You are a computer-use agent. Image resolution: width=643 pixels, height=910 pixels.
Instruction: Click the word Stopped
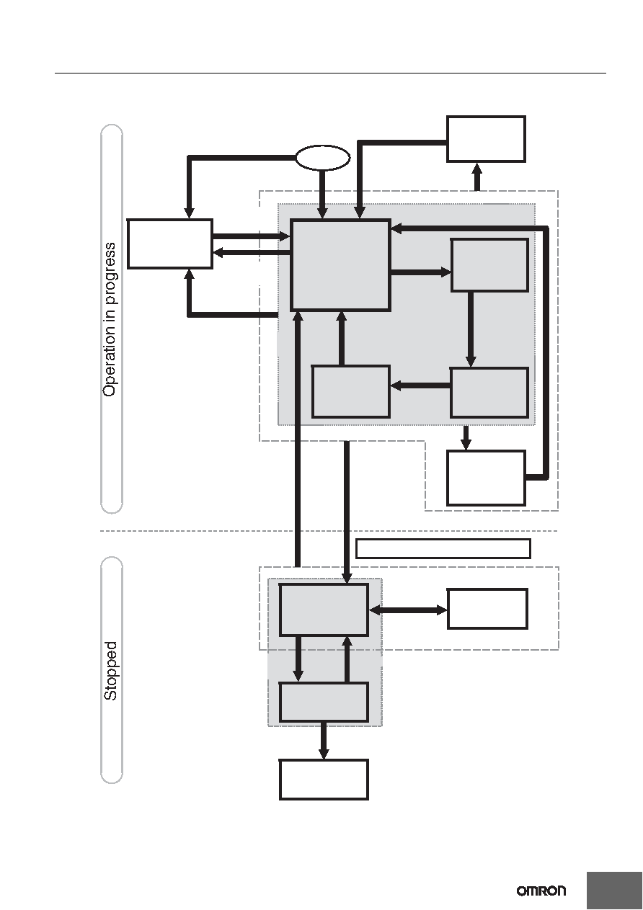[x=110, y=671]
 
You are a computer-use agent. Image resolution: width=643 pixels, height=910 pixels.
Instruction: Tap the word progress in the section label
[x=110, y=273]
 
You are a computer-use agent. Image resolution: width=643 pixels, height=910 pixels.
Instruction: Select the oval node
[x=322, y=158]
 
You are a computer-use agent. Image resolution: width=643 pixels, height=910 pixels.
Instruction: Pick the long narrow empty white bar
[x=443, y=548]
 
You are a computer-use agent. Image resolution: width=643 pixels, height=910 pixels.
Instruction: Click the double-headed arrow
[x=408, y=610]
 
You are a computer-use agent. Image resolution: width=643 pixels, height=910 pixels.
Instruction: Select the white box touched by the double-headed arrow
[x=487, y=609]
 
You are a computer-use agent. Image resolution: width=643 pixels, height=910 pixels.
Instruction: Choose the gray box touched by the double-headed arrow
[x=324, y=610]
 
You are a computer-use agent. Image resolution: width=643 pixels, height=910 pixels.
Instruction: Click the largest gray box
[x=341, y=265]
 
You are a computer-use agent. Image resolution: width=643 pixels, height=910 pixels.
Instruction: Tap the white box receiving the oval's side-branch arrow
[x=170, y=244]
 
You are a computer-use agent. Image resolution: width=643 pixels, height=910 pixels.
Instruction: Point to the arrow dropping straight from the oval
[x=322, y=195]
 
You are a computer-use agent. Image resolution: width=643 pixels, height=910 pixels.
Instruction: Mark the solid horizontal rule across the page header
[x=330, y=73]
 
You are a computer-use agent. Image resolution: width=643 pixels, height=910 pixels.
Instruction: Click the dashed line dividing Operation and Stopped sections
[x=329, y=531]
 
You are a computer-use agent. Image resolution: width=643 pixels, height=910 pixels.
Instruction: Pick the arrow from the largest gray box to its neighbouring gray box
[x=421, y=272]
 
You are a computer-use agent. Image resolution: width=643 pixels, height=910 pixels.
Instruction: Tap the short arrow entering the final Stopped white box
[x=324, y=741]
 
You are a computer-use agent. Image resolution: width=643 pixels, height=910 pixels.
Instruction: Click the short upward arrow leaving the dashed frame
[x=478, y=177]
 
